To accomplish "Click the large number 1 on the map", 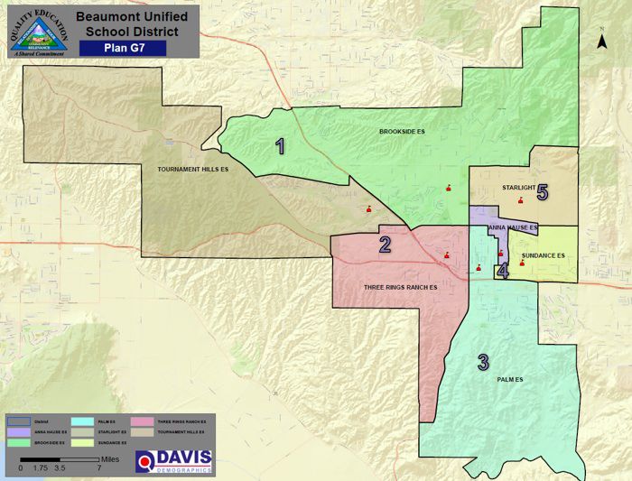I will [281, 146].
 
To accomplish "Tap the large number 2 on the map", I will [385, 244].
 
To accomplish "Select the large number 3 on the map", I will [483, 363].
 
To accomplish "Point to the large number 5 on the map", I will [543, 192].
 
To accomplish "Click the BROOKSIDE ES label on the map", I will [402, 133].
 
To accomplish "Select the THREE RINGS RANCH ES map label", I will [400, 287].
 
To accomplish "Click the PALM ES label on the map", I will [510, 380].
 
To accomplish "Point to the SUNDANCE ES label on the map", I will [543, 256].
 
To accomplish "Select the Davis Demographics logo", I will [174, 461].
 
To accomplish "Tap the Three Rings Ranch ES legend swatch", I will [143, 422].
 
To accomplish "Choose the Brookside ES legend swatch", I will [18, 443].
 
